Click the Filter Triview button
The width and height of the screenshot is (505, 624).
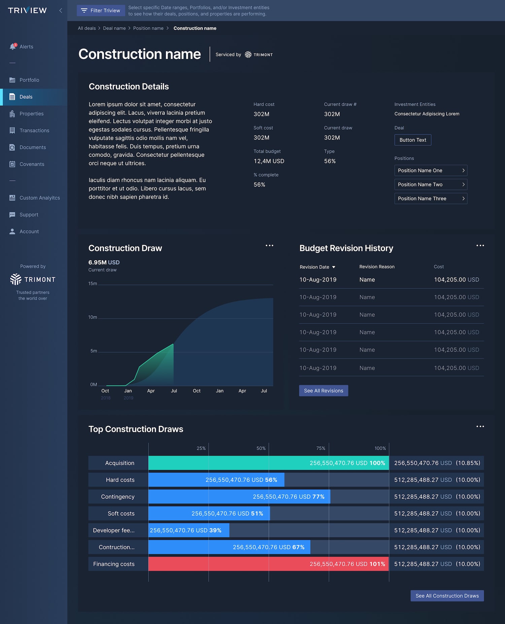[x=101, y=10]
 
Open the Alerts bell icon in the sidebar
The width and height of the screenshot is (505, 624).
[x=13, y=46]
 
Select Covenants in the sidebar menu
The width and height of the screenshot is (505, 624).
[x=32, y=164]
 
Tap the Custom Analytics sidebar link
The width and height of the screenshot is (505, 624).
[x=39, y=198]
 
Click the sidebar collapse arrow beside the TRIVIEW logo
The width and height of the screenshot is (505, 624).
[x=61, y=10]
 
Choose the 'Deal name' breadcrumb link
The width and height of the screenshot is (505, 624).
[x=114, y=28]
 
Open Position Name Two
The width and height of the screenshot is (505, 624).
[x=431, y=184]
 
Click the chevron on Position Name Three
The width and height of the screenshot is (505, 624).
[x=463, y=199]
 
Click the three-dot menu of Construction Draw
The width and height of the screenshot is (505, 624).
[x=269, y=245]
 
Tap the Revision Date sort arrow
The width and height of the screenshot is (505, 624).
[x=334, y=267]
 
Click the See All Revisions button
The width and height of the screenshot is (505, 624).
[x=324, y=390]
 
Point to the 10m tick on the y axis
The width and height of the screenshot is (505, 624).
[x=93, y=317]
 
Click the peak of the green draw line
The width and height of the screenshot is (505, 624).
[x=173, y=344]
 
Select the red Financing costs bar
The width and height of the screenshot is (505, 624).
[x=268, y=564]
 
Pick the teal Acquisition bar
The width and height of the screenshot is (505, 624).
[x=269, y=463]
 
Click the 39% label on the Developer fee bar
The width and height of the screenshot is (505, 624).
[x=215, y=530]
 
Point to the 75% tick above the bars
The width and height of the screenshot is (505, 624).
[x=321, y=448]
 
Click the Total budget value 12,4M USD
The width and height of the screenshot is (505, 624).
[x=269, y=161]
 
